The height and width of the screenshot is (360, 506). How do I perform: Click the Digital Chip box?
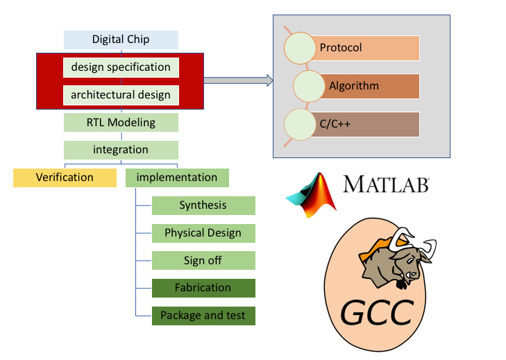point(121,40)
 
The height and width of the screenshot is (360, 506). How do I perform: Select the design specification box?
point(121,67)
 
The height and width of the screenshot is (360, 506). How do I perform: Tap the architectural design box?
point(121,95)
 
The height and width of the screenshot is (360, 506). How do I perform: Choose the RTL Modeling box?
point(121,123)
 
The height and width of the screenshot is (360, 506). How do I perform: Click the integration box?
point(121,149)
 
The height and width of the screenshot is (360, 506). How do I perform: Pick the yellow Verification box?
point(65,178)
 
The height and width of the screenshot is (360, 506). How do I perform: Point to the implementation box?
point(177,178)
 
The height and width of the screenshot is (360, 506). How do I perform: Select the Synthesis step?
point(203,205)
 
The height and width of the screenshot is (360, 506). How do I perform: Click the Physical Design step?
point(203,233)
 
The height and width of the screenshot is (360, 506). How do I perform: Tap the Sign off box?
point(203,261)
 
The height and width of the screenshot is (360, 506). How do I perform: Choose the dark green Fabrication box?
point(203,288)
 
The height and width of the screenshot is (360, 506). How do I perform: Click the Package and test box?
point(203,316)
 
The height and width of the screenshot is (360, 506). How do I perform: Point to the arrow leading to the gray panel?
point(237,80)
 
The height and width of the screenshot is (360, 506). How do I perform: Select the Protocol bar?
point(368,48)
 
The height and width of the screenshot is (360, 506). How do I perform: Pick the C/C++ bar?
point(368,124)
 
